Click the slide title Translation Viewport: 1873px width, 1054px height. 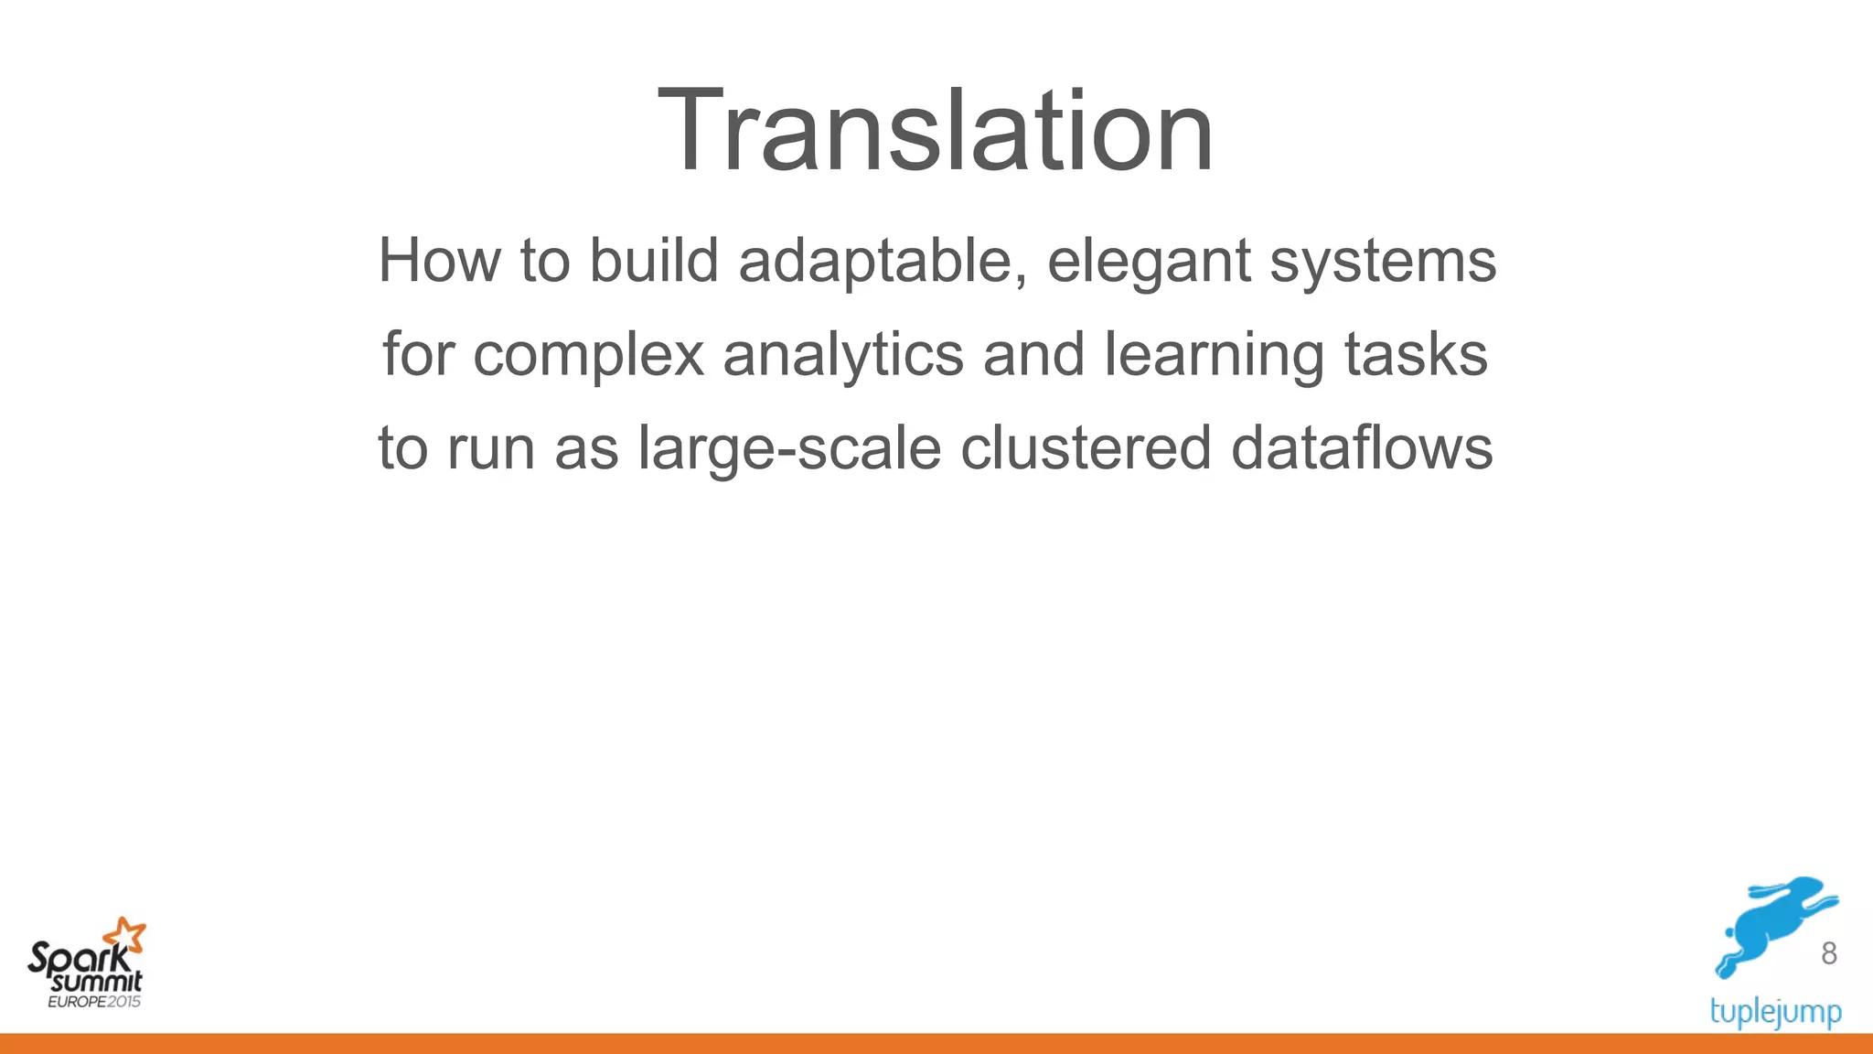936,130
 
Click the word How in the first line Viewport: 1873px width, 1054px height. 439,261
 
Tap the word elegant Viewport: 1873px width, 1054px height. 1148,263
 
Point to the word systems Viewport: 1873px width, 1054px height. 1383,263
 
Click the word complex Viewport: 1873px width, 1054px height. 589,355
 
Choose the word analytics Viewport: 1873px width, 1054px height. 842,355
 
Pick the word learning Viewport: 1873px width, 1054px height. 1214,355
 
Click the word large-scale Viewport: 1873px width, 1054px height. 789,449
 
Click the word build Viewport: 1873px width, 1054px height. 653,261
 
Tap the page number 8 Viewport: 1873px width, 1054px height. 1828,953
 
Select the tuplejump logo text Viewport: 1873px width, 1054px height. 1775,1012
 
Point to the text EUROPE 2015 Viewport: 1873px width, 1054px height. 94,1002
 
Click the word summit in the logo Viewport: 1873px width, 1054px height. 97,983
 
